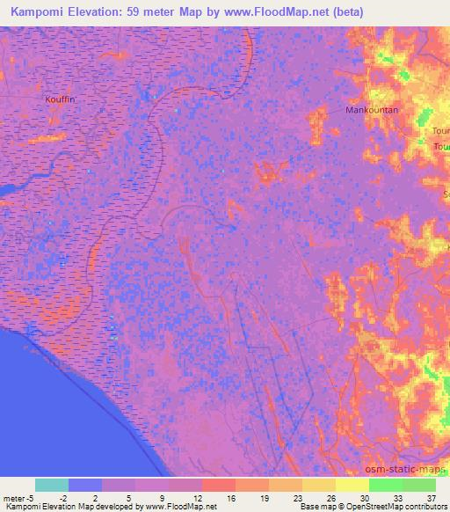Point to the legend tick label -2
[68, 498]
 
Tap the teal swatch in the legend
[52, 485]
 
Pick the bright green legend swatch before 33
[386, 485]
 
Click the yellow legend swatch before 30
[352, 485]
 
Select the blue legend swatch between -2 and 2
[85, 485]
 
